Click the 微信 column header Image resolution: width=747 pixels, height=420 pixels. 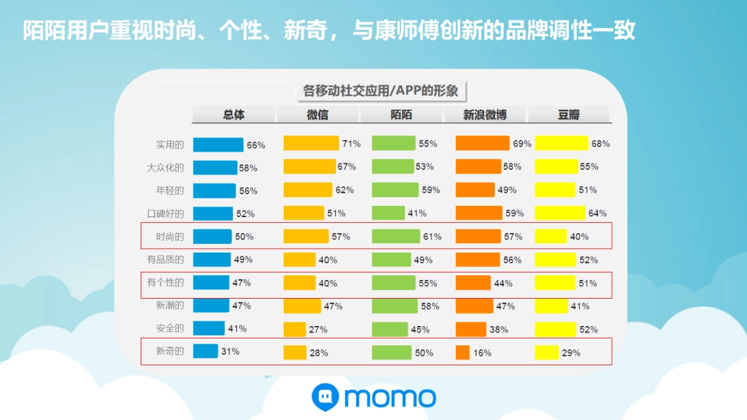pyautogui.click(x=317, y=115)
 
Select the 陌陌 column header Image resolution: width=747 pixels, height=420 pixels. pyautogui.click(x=402, y=115)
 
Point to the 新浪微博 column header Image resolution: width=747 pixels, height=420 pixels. pyautogui.click(x=485, y=115)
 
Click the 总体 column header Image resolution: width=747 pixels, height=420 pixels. pyautogui.click(x=233, y=115)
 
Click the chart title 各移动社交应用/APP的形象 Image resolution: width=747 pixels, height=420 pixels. pyautogui.click(x=380, y=91)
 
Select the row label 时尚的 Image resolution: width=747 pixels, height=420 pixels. pyautogui.click(x=170, y=236)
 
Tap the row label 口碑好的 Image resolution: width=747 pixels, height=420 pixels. pyautogui.click(x=166, y=213)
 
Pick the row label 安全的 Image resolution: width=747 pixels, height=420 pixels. pyautogui.click(x=170, y=328)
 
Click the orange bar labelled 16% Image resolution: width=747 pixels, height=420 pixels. pyautogui.click(x=463, y=352)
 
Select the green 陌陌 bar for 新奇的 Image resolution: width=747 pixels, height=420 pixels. pyautogui.click(x=392, y=352)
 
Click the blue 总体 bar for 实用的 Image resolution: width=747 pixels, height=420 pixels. pyautogui.click(x=218, y=145)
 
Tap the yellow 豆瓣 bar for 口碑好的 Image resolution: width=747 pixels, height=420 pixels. pyautogui.click(x=560, y=213)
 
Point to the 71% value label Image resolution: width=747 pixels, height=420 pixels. pyautogui.click(x=351, y=144)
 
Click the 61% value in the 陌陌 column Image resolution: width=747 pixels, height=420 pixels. pyautogui.click(x=432, y=236)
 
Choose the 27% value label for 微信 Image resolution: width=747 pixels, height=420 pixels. pyautogui.click(x=319, y=329)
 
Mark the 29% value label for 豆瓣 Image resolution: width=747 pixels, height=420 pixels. pyautogui.click(x=571, y=353)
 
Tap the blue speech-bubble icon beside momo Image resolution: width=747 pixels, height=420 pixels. pyautogui.click(x=325, y=396)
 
